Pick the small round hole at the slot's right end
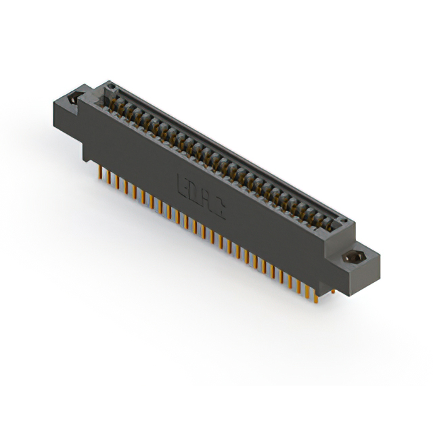(x=344, y=221)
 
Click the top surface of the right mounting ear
(x=359, y=250)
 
